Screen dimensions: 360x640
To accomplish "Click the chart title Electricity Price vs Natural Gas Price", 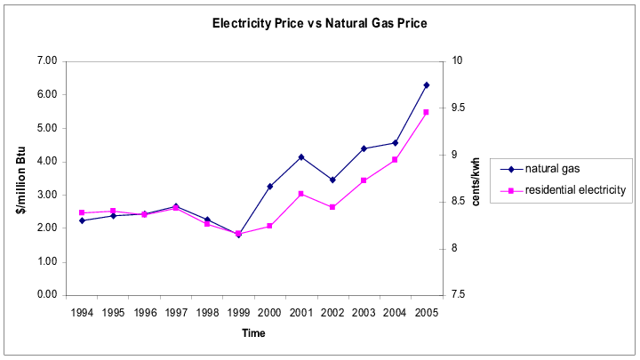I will click(319, 23).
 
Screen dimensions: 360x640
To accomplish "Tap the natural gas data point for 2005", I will click(426, 85).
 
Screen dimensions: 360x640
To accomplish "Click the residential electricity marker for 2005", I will click(426, 112).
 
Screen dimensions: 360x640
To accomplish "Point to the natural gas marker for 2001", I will click(301, 157).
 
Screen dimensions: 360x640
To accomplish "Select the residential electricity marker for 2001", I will click(301, 194).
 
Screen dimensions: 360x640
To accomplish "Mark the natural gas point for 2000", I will click(269, 187).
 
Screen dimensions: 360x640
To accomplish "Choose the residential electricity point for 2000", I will click(269, 226).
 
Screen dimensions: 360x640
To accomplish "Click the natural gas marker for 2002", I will click(332, 180).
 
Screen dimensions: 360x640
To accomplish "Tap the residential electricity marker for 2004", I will click(395, 160).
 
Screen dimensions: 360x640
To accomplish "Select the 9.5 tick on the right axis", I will click(459, 108).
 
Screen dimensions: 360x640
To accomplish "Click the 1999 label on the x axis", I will click(237, 313).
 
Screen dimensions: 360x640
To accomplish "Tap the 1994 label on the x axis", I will click(82, 313).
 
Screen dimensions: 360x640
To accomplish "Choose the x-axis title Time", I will click(252, 333).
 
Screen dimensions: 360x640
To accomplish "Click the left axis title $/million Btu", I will click(20, 178).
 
